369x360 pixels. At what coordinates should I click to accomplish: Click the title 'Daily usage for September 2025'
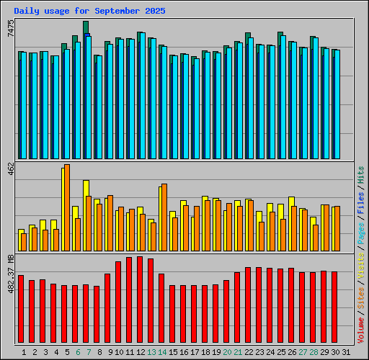89,12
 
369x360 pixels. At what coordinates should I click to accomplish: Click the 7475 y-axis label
10,30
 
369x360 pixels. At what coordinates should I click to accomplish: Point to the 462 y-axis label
10,171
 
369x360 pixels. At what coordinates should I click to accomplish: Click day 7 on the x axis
89,351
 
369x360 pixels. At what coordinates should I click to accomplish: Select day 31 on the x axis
347,351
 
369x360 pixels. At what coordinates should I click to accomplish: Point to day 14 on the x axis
163,351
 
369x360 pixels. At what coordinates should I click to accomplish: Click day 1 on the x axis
25,351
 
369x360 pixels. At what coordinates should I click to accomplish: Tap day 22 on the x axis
249,351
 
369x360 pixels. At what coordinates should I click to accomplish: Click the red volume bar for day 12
140,300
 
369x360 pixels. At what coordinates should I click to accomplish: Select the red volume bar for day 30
334,307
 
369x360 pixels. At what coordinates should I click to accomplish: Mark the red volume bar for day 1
21,309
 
